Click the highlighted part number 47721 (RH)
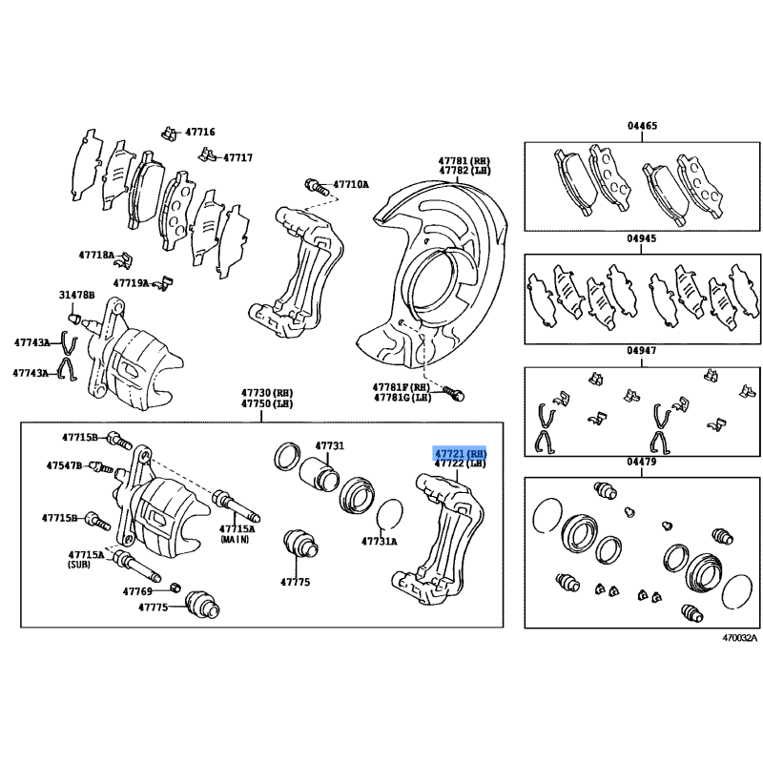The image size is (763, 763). point(460,454)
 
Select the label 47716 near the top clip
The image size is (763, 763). point(200,132)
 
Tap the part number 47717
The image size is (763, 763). point(237,157)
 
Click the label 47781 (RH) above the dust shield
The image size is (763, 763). point(464,160)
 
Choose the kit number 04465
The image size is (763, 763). point(642,126)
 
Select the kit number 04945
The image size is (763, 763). point(641,238)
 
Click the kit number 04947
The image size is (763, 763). point(641,350)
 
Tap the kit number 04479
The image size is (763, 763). point(641,462)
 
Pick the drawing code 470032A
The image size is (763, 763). point(740,638)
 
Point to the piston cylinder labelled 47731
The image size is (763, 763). point(320,474)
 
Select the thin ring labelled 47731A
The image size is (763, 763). point(390,515)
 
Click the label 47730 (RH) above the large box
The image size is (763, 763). point(267,393)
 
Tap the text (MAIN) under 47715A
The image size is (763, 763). point(235,539)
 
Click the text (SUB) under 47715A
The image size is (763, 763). point(79,565)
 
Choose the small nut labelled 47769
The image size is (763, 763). point(176,587)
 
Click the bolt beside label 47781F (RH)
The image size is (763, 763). point(454,393)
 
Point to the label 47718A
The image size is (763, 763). point(96,255)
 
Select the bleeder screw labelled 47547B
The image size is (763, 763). point(102,468)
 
